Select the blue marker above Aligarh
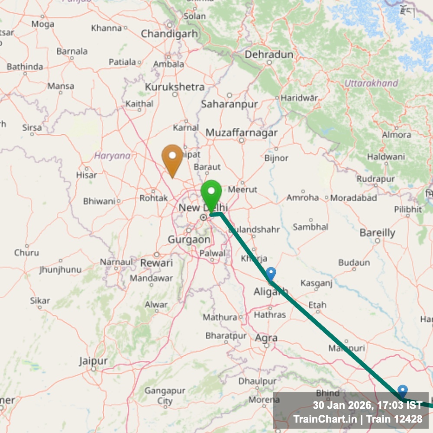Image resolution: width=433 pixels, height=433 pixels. [271, 274]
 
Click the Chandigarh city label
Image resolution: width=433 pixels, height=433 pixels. [169, 33]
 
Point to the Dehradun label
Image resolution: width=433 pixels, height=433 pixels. [269, 55]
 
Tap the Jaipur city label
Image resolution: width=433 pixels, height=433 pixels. [93, 361]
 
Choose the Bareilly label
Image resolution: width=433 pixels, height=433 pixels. [378, 233]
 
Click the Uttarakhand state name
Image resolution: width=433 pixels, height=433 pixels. [371, 83]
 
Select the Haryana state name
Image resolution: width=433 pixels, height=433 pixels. [112, 155]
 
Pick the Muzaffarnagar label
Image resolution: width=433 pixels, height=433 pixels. [242, 133]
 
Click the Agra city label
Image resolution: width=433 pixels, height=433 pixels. [267, 338]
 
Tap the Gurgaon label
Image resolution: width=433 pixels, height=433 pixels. [189, 239]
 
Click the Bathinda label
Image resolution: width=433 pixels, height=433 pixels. [25, 67]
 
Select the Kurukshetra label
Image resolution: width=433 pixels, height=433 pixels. [174, 87]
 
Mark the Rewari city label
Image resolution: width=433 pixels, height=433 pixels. [157, 263]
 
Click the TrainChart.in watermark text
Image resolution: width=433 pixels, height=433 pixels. [325, 419]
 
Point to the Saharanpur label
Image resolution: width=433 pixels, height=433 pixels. [229, 104]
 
